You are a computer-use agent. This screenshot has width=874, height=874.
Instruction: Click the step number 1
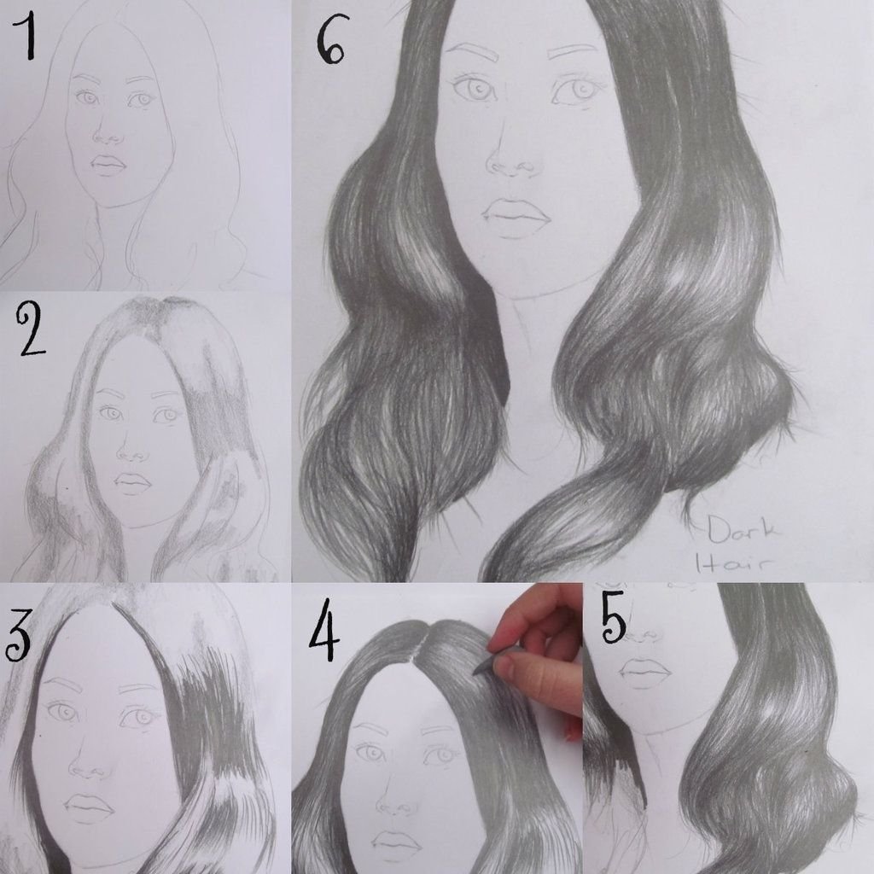pyautogui.click(x=26, y=38)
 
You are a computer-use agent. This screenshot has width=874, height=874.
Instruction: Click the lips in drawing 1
pyautogui.click(x=108, y=165)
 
